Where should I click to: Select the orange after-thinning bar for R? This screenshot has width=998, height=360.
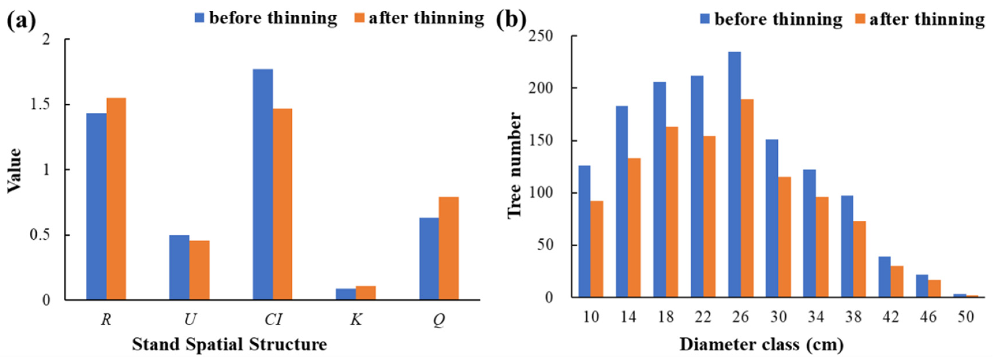pyautogui.click(x=116, y=199)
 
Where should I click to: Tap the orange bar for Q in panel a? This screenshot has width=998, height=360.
pyautogui.click(x=449, y=248)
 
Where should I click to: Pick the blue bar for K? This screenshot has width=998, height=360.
pyautogui.click(x=346, y=294)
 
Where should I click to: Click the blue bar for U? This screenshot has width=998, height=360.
pyautogui.click(x=179, y=267)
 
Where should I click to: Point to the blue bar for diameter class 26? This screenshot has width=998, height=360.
pyautogui.click(x=734, y=175)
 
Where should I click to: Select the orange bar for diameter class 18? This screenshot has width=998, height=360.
pyautogui.click(x=672, y=212)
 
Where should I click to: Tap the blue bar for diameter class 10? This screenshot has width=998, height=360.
pyautogui.click(x=584, y=231)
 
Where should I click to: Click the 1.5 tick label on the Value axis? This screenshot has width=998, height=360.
pyautogui.click(x=40, y=105)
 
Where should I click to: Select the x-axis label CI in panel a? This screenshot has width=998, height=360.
pyautogui.click(x=273, y=320)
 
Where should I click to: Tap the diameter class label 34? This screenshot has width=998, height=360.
pyautogui.click(x=816, y=317)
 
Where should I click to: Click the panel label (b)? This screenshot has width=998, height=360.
pyautogui.click(x=511, y=18)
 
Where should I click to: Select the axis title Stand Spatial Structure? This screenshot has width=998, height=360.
pyautogui.click(x=229, y=344)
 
